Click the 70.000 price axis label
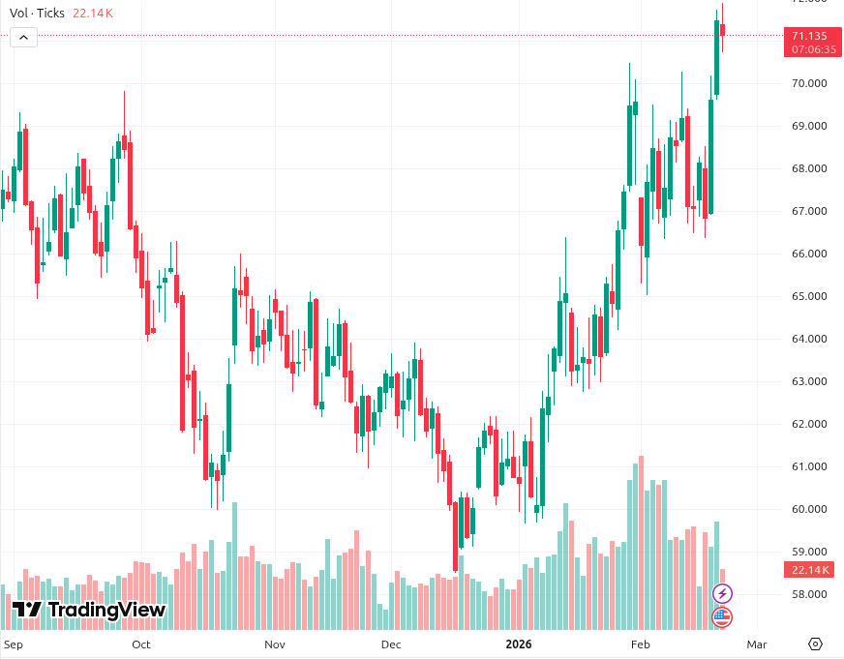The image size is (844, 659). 809,83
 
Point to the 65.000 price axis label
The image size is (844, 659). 809,296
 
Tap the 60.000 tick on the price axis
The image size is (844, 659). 809,509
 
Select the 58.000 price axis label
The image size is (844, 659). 809,594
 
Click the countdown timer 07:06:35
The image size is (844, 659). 813,49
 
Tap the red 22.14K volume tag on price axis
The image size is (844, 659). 811,570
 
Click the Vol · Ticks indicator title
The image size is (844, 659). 38,14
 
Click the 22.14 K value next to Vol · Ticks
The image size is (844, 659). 93,14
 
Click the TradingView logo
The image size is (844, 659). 89,610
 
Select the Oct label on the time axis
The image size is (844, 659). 141,644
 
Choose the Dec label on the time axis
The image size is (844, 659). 391,644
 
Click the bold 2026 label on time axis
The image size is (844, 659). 521,644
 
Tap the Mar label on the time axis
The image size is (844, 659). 757,644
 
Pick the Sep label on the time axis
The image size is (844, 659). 14,644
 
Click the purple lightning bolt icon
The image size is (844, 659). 722,593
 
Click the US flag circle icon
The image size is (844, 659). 722,616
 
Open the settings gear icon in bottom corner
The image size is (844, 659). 815,644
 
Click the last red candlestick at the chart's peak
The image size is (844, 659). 722,30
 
